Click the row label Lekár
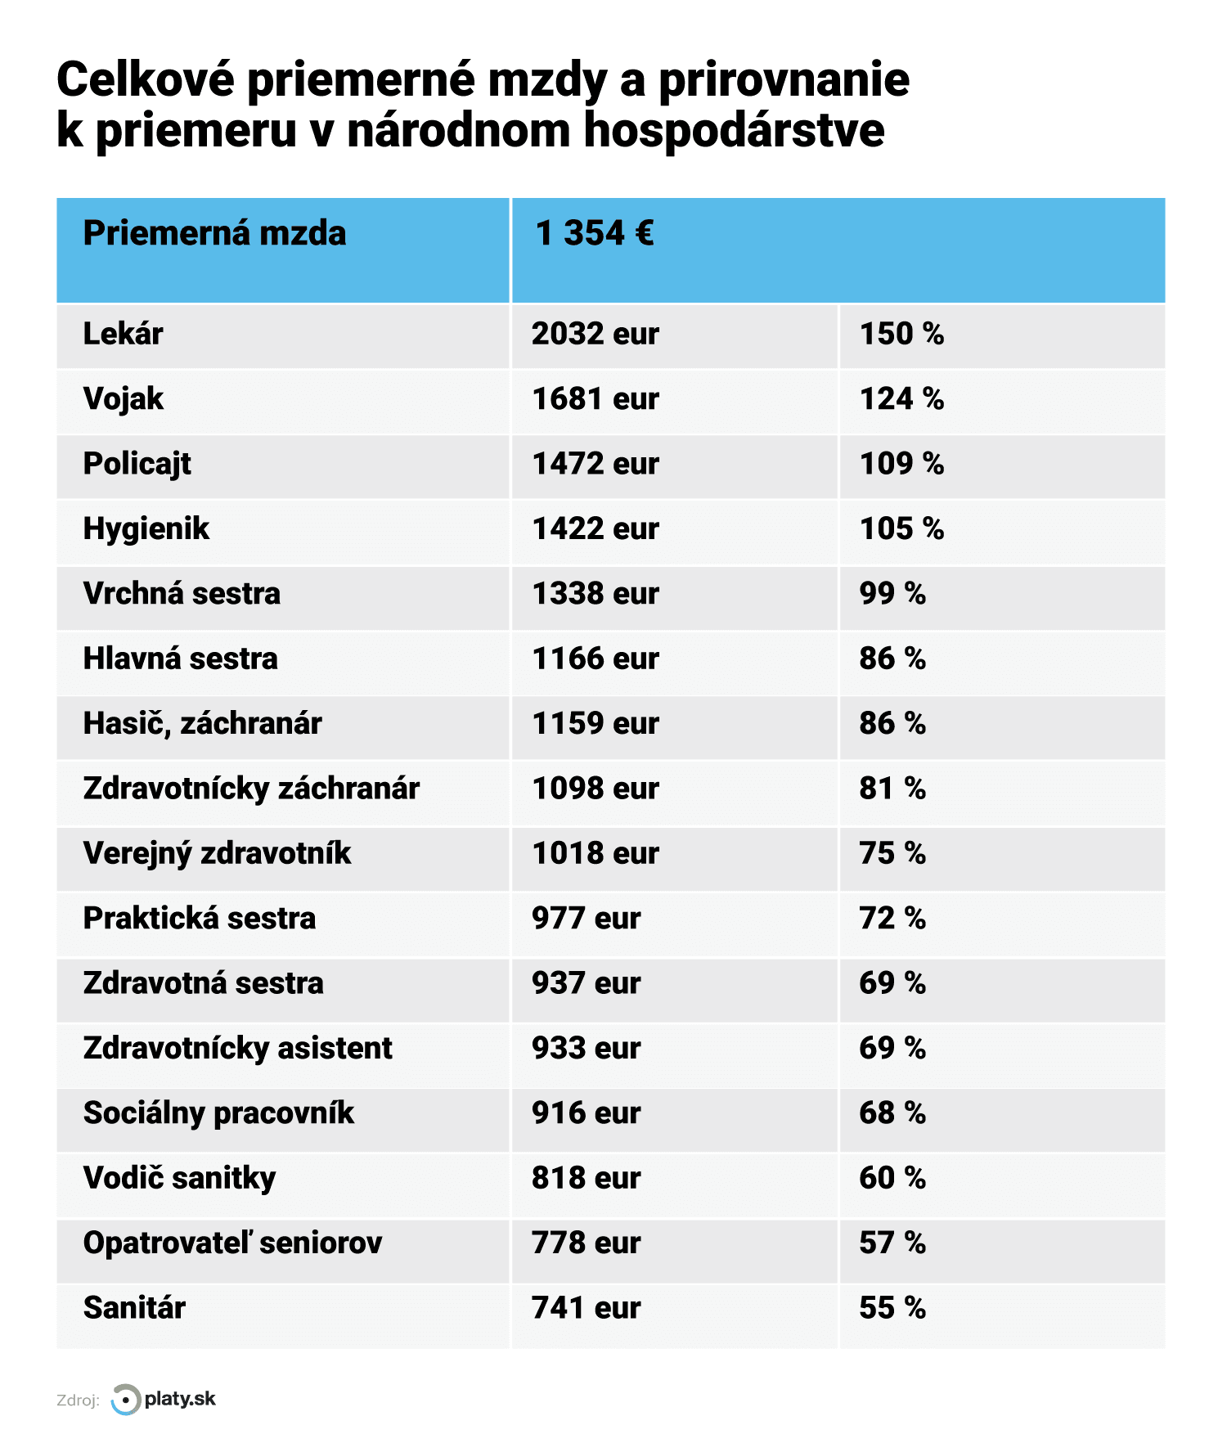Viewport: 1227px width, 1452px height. click(x=123, y=334)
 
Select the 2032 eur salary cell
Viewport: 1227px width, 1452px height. click(x=595, y=334)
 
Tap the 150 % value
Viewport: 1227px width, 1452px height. click(x=901, y=334)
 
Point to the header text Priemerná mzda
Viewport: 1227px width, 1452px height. click(x=214, y=234)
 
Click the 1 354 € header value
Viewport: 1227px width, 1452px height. click(x=594, y=234)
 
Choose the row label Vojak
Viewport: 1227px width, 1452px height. click(x=123, y=399)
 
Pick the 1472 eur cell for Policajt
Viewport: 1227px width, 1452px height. click(x=595, y=464)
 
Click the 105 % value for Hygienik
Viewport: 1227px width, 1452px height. click(x=901, y=529)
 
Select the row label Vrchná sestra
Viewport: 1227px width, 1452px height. click(x=182, y=594)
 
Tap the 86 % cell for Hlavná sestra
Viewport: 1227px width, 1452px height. click(x=892, y=659)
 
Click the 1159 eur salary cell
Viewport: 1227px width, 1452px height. click(x=595, y=724)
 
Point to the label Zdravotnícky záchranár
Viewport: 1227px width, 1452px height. click(x=251, y=789)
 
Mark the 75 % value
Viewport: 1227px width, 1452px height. click(x=892, y=854)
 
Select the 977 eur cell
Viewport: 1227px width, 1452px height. click(x=586, y=919)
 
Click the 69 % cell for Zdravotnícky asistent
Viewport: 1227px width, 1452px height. click(x=892, y=1049)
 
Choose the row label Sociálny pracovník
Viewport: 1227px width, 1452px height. click(x=218, y=1113)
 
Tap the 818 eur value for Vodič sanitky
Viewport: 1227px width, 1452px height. click(x=586, y=1179)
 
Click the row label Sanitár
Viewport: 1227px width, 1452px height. click(x=134, y=1308)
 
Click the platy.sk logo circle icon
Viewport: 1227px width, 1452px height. click(x=125, y=1400)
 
